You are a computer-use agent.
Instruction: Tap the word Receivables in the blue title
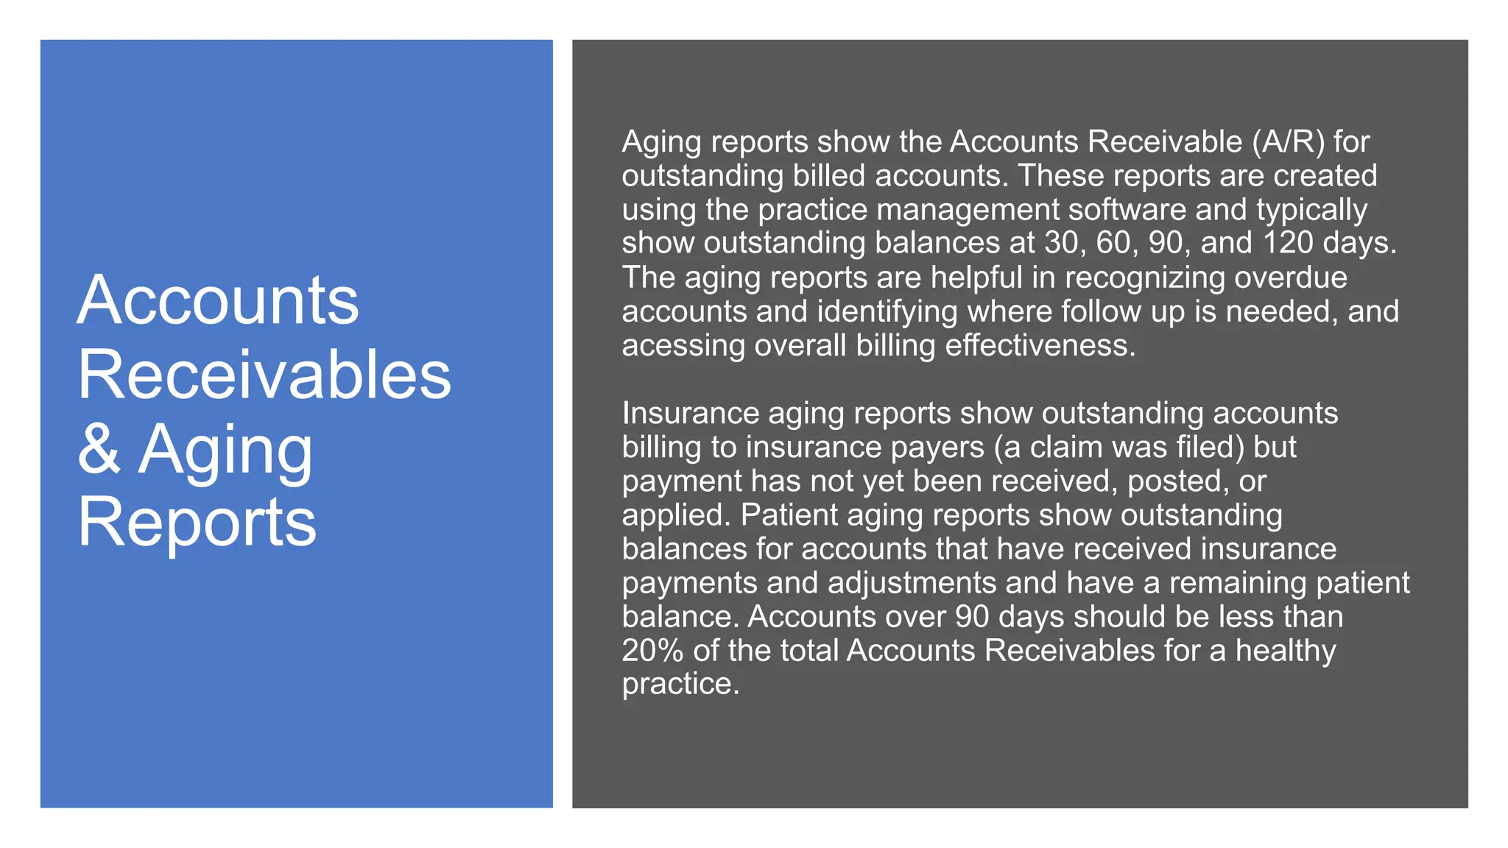click(264, 375)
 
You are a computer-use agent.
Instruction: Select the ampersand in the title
click(99, 448)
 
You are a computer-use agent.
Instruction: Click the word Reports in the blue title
click(197, 522)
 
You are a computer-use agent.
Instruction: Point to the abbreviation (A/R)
click(1288, 141)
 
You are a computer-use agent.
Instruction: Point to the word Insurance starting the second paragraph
click(690, 413)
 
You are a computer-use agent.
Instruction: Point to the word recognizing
click(1145, 278)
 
